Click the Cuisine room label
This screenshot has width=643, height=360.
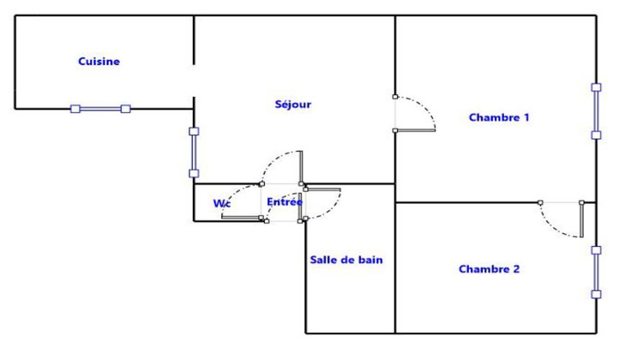tap(99, 62)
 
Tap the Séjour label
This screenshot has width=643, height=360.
tap(292, 105)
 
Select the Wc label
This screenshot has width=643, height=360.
tap(221, 203)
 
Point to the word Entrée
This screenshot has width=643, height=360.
tap(284, 202)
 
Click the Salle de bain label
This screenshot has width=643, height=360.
tap(345, 260)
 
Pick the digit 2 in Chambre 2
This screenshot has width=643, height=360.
tap(516, 269)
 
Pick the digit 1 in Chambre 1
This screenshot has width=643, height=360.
tap(526, 117)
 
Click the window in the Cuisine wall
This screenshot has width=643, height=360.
tap(100, 109)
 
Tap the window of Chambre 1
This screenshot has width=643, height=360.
tap(596, 111)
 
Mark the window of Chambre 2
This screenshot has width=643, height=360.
tap(596, 272)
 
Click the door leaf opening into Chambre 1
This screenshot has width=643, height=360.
tap(415, 130)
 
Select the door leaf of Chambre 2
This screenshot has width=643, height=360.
tap(582, 220)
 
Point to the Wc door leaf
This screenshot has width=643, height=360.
tap(243, 218)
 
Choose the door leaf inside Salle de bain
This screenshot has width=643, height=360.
tap(323, 188)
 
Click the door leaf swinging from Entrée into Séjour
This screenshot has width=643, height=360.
tap(301, 168)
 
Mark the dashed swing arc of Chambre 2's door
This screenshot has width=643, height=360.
tap(553, 230)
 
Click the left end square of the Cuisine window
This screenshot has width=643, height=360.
tap(75, 109)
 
